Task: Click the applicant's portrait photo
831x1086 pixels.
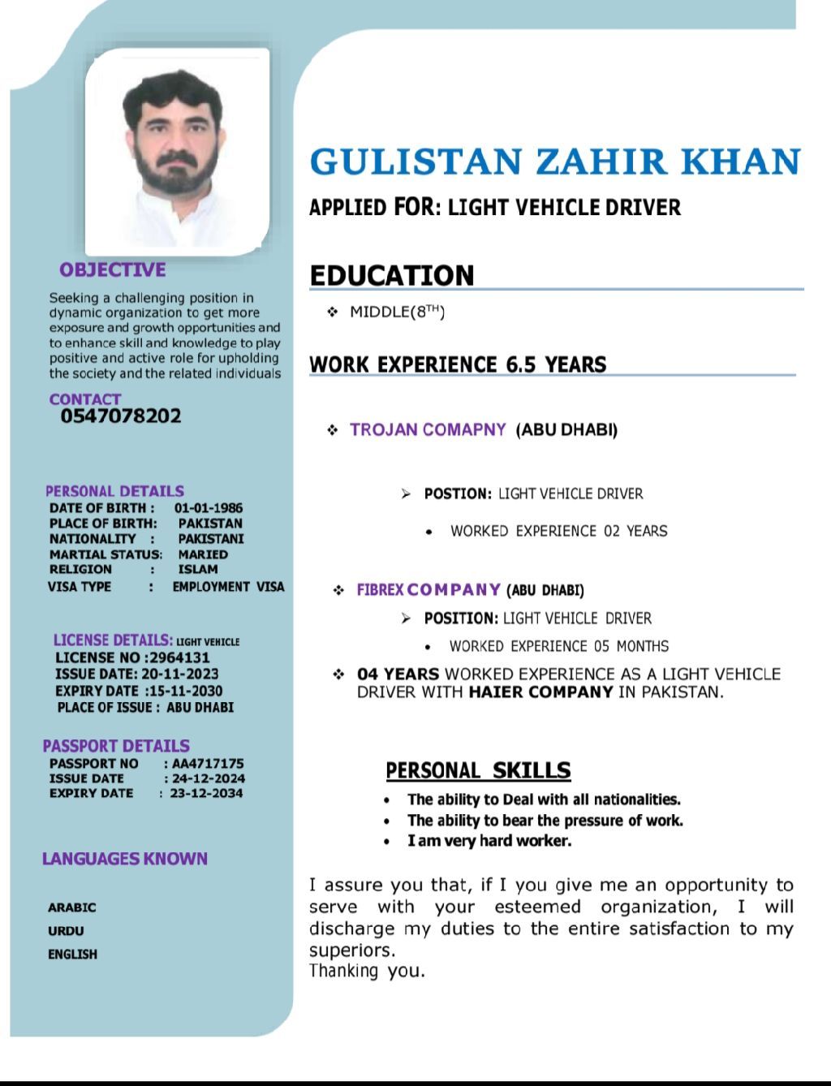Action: point(178,150)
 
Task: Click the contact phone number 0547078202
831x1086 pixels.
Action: point(121,416)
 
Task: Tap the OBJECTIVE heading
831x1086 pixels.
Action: point(112,270)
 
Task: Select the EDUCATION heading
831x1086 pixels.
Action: point(391,276)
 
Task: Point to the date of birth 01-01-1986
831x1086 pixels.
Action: point(209,508)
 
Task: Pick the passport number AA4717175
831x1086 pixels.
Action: point(208,764)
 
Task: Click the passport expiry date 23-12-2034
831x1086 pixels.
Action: point(206,793)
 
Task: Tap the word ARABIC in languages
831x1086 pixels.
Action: point(71,907)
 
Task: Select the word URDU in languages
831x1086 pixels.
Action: point(66,931)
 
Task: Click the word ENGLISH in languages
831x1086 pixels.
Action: point(72,955)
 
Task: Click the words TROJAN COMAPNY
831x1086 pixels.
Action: point(428,429)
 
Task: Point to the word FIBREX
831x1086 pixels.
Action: point(380,590)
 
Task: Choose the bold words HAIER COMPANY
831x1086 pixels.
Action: point(540,692)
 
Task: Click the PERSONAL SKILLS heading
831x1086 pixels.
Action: point(478,770)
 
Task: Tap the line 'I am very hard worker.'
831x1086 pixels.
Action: point(489,841)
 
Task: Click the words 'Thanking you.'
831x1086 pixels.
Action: point(367,971)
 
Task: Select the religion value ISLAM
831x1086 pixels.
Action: point(198,569)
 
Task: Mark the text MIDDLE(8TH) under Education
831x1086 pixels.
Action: point(397,312)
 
